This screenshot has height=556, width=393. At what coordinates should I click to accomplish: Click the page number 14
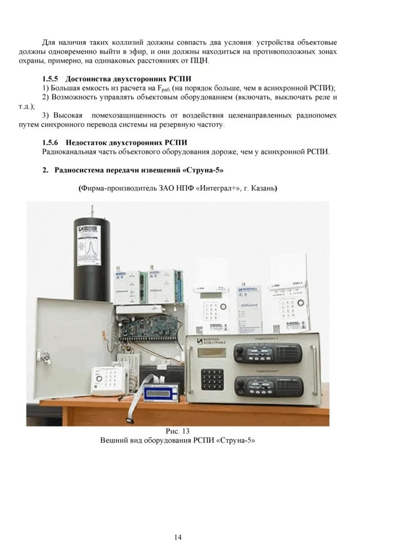pyautogui.click(x=177, y=537)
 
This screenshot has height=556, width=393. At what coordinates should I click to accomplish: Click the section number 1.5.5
pyautogui.click(x=51, y=78)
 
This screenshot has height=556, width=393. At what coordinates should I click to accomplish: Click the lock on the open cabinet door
pyautogui.click(x=40, y=355)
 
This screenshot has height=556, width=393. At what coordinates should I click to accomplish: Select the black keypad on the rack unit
pyautogui.click(x=211, y=379)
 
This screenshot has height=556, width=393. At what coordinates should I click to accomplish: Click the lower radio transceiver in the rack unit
pyautogui.click(x=268, y=386)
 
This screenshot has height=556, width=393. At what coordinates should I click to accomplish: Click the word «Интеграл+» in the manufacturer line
pyautogui.click(x=215, y=188)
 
